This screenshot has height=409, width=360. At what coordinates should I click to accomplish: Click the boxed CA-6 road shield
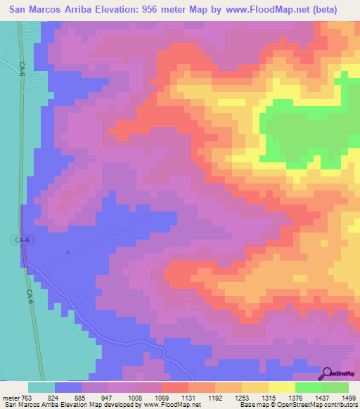(23, 240)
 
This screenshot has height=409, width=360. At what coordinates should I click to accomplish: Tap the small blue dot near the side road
(67, 252)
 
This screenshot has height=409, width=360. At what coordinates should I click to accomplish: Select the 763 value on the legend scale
(27, 397)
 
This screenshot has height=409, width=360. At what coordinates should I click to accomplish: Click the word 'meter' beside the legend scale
(10, 397)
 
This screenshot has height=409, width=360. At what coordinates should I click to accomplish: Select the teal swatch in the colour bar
(41, 387)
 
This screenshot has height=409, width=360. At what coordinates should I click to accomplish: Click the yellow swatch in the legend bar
(282, 387)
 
